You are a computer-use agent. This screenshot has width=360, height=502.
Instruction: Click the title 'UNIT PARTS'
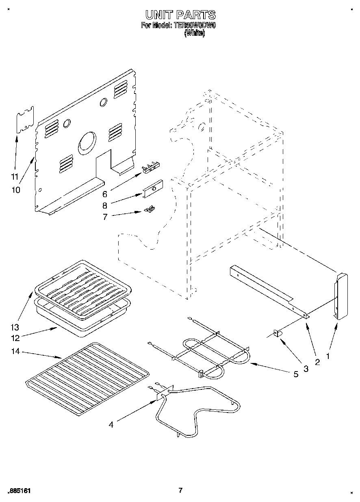(180, 15)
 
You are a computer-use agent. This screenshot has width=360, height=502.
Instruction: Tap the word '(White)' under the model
(195, 34)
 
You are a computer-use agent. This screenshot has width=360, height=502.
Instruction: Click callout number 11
(15, 177)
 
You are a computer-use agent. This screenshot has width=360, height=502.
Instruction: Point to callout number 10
(16, 190)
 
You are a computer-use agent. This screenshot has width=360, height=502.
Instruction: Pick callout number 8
(104, 206)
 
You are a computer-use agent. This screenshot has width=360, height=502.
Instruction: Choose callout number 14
(15, 352)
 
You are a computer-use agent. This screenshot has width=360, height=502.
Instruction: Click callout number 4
(111, 425)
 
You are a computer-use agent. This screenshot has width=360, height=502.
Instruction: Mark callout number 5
(296, 374)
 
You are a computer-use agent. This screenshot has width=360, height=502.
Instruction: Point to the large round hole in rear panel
(86, 143)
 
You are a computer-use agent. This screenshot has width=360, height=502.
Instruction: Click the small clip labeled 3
(278, 333)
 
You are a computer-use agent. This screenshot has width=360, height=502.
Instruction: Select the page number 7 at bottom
(180, 490)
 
